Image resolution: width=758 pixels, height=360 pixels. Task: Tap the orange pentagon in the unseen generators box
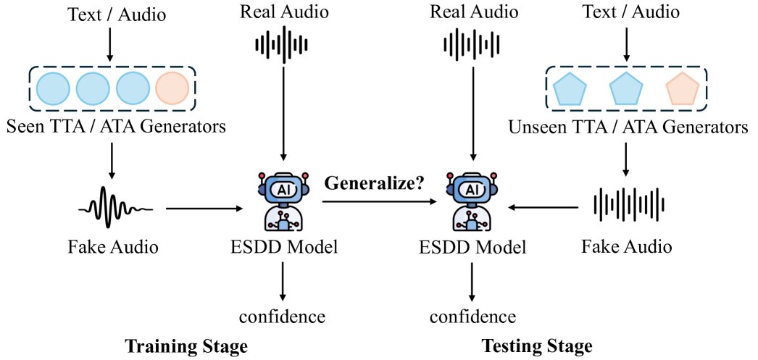(682, 89)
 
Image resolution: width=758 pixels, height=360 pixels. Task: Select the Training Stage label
(186, 346)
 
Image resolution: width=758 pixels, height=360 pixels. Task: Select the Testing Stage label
(538, 346)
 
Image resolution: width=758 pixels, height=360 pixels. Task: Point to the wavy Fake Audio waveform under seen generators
(114, 209)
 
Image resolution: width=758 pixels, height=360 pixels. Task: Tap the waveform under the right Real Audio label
(472, 45)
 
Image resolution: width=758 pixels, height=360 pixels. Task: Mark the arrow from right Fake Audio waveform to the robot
(544, 208)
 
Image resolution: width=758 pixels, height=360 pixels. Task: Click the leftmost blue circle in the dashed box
(52, 88)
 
